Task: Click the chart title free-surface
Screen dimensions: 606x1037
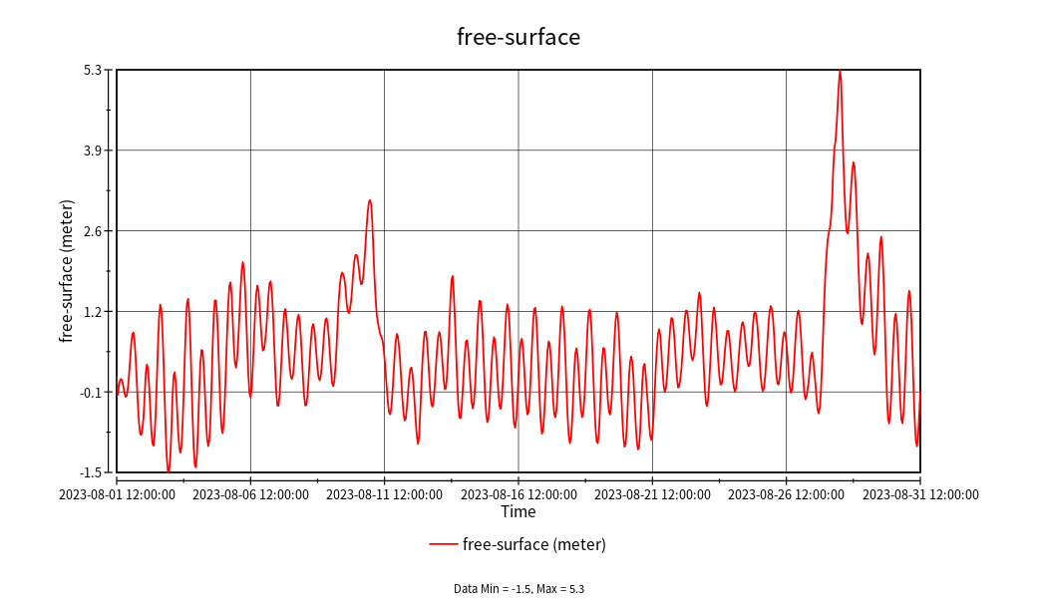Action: click(518, 37)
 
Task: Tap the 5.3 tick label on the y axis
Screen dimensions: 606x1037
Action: click(93, 70)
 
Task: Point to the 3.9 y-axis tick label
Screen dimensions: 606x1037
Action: click(93, 151)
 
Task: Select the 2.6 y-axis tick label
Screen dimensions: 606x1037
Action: click(93, 231)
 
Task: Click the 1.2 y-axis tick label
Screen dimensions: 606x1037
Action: click(93, 311)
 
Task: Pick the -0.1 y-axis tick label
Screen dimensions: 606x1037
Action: click(91, 392)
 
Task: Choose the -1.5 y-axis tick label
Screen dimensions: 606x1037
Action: click(91, 472)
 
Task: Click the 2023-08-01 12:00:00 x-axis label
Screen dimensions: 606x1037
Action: click(118, 494)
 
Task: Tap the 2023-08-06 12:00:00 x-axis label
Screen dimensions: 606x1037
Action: click(251, 494)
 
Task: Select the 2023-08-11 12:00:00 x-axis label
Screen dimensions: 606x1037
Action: click(385, 494)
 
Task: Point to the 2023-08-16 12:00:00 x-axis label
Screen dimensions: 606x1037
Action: click(518, 494)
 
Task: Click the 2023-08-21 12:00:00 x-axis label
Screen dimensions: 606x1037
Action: click(653, 494)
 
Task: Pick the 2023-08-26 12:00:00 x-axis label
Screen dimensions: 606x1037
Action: click(787, 494)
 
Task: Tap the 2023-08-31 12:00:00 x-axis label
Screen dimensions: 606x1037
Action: click(920, 494)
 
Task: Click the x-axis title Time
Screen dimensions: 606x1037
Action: click(518, 512)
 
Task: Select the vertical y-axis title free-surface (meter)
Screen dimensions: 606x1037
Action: click(67, 271)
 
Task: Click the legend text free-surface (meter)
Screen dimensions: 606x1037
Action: click(534, 544)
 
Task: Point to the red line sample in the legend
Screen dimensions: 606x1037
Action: click(444, 544)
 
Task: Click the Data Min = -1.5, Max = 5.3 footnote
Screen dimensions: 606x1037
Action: click(518, 589)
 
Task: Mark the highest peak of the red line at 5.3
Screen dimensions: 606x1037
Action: click(840, 71)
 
